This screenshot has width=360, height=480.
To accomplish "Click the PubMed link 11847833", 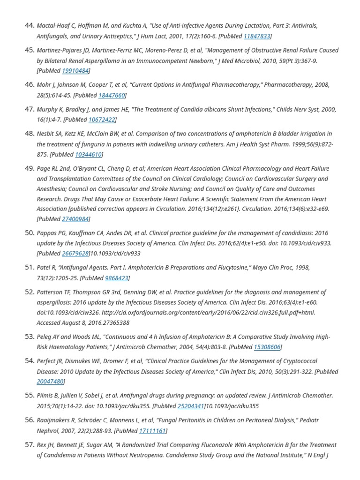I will pyautogui.click(x=256, y=36).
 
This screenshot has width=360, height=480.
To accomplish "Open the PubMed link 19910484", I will pyautogui.click(x=75, y=71).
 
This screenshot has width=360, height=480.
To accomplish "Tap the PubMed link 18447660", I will pyautogui.click(x=112, y=95).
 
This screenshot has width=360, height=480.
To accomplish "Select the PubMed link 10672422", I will pyautogui.click(x=101, y=120).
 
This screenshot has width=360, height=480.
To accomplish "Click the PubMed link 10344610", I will pyautogui.click(x=88, y=154).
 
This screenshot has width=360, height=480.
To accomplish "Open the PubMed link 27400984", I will pyautogui.click(x=75, y=219).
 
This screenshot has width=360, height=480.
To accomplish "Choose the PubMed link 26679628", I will pyautogui.click(x=75, y=254).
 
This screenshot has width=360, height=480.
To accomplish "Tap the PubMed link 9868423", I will pyautogui.click(x=117, y=278).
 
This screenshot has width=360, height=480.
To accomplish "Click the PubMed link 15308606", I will pyautogui.click(x=267, y=347).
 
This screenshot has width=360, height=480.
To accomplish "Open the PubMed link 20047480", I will pyautogui.click(x=50, y=382).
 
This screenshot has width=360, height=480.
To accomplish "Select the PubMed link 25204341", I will pyautogui.click(x=190, y=406).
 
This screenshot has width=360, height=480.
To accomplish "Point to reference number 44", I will pyautogui.click(x=29, y=25).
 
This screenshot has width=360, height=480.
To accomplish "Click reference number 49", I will pyautogui.click(x=29, y=168).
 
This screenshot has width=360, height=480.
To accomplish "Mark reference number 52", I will pyautogui.click(x=29, y=292).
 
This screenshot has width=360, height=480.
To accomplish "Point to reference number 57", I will pyautogui.click(x=29, y=444).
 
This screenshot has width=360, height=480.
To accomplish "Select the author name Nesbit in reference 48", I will pyautogui.click(x=45, y=134).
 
